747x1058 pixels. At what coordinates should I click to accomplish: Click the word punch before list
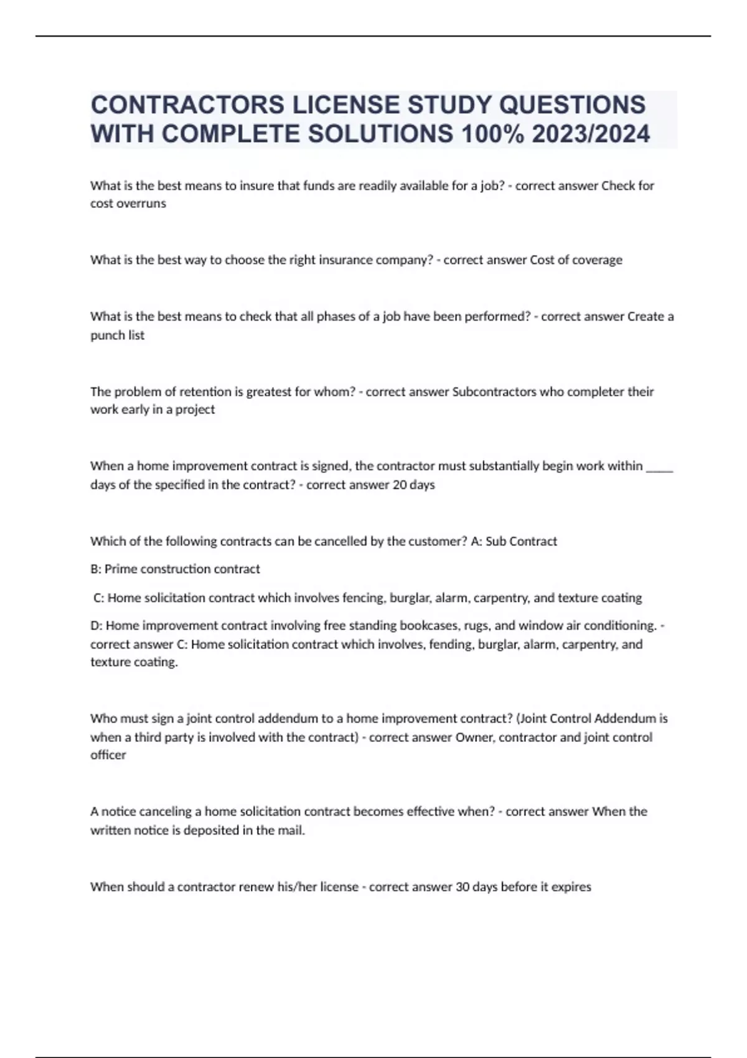click(107, 335)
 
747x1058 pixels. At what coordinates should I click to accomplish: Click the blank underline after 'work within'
click(660, 466)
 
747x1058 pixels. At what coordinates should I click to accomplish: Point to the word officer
click(108, 755)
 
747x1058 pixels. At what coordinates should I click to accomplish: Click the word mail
click(291, 830)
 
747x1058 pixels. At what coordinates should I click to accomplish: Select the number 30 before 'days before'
click(463, 887)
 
